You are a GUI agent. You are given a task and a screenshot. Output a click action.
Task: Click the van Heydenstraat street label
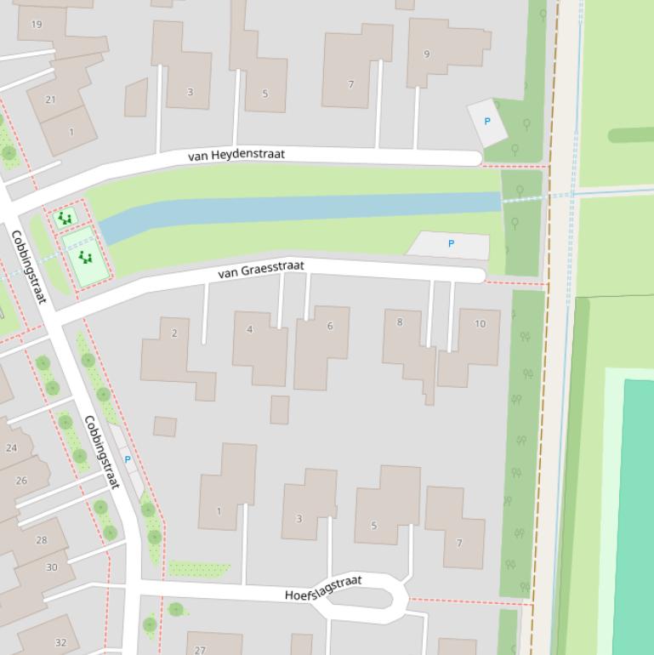tap(236, 155)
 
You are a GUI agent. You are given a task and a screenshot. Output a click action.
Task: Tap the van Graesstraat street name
tap(260, 270)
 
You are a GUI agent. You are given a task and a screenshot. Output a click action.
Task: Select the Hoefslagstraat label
tap(323, 587)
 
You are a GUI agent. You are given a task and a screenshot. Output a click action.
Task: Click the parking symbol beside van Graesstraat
tap(451, 244)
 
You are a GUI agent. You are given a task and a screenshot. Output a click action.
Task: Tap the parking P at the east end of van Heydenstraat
tap(487, 122)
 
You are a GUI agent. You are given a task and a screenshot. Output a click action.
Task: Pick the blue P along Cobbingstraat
tap(128, 459)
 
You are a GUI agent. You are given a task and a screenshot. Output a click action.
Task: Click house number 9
tap(427, 54)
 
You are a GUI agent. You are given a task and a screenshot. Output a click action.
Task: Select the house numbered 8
tap(400, 322)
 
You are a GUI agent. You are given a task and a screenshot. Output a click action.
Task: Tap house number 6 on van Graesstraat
tap(330, 326)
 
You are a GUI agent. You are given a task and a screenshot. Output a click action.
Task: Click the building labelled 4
tap(249, 329)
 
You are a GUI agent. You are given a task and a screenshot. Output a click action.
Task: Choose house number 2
tap(174, 333)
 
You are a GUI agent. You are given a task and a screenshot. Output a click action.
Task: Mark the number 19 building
tap(37, 24)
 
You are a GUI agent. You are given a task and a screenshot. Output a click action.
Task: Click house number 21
tap(50, 100)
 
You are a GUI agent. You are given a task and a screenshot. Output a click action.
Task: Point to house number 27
tap(200, 650)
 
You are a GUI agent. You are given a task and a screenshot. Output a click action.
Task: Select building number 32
tap(60, 642)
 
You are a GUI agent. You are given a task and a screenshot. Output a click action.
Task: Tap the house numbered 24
tap(11, 447)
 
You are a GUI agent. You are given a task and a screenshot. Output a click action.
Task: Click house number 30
tap(52, 567)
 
